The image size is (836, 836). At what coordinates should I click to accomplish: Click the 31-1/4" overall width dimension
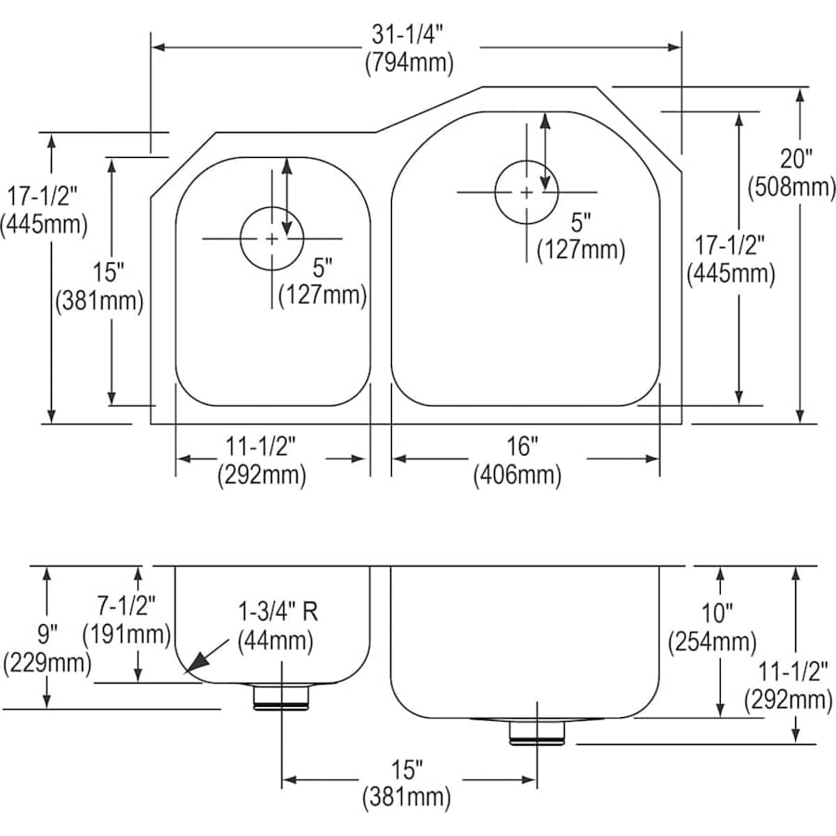click(x=410, y=35)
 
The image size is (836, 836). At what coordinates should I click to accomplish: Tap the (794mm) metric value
click(x=410, y=63)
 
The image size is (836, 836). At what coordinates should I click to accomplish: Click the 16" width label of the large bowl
click(x=522, y=448)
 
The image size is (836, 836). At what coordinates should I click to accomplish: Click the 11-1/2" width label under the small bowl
click(x=261, y=448)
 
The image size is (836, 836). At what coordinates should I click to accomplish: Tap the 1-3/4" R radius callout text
click(x=276, y=613)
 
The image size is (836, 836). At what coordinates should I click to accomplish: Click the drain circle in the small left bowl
click(x=271, y=239)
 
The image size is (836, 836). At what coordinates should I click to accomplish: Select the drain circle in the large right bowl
click(x=526, y=192)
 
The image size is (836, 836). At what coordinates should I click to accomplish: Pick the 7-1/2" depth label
click(x=126, y=607)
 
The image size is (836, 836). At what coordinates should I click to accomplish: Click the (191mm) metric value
click(x=126, y=635)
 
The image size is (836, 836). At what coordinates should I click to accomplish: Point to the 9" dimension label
click(x=46, y=635)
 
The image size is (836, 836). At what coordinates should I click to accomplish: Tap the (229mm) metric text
click(x=46, y=663)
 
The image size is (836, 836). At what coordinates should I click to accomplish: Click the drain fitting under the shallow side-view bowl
click(x=281, y=696)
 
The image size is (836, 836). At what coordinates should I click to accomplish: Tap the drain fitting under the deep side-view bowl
click(x=537, y=731)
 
